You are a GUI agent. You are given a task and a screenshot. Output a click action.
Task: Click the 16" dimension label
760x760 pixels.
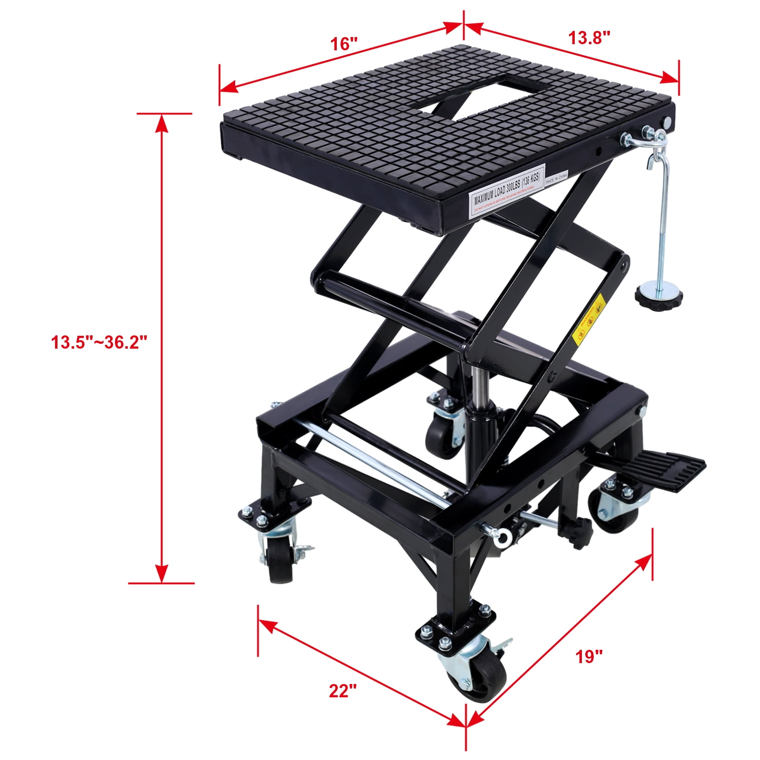pos(343,44)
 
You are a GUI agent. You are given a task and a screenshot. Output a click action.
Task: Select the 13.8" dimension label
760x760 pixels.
pos(589,37)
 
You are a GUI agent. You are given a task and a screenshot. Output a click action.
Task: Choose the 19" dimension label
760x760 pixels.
pos(589,657)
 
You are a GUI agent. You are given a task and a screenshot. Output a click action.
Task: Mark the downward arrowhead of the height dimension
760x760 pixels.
pos(162,572)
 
